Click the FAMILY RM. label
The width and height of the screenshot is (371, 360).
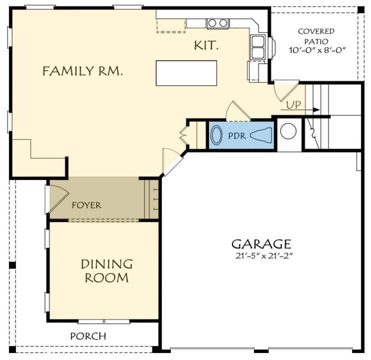82,71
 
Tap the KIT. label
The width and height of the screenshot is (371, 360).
206,46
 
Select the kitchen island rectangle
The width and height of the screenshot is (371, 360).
186,73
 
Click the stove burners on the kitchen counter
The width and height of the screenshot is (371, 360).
217,23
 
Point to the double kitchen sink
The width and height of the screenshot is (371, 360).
258,47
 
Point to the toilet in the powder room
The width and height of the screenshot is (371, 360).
261,135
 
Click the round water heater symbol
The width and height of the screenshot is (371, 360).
288,131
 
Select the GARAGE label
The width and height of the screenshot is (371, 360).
260,244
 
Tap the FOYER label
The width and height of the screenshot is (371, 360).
86,205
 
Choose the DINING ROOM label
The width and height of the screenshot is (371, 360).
107,270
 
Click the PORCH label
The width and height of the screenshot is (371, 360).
87,336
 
